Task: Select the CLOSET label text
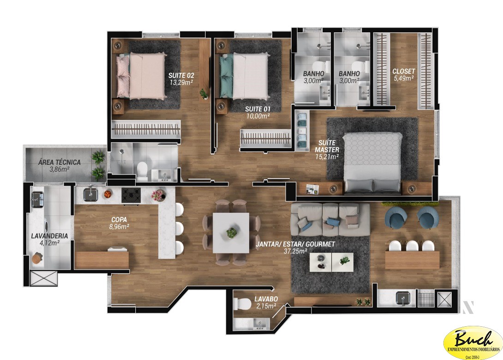click(403, 72)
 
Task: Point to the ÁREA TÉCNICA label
click(60, 162)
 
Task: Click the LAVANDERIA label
click(49, 236)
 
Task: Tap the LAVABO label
click(265, 299)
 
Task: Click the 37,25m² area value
click(295, 251)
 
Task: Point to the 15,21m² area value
click(327, 157)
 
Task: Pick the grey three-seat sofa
click(329, 219)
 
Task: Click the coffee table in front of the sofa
click(331, 263)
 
